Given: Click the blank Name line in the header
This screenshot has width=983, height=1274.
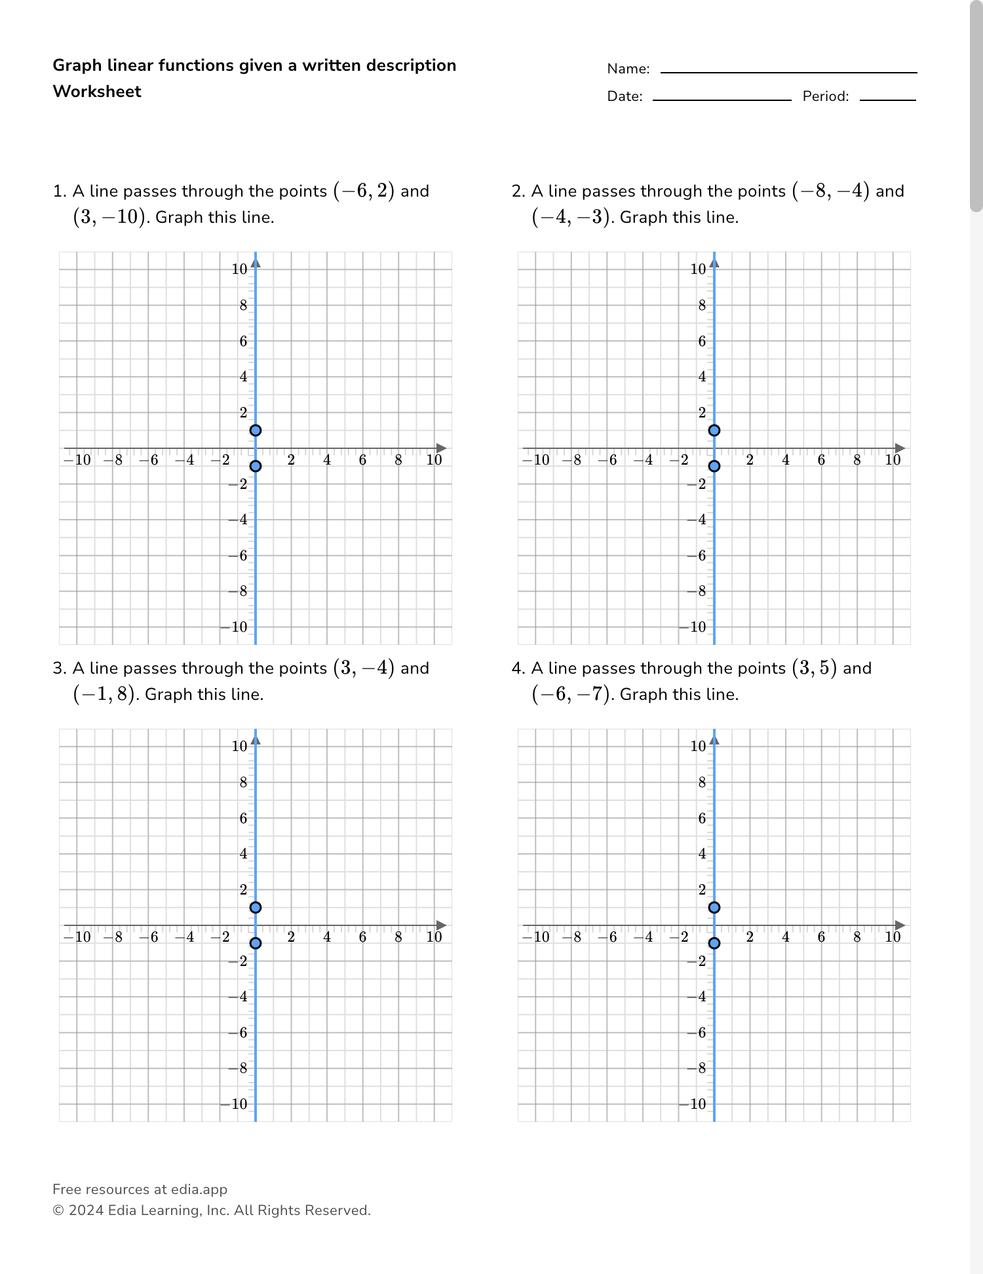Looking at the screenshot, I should pyautogui.click(x=788, y=71).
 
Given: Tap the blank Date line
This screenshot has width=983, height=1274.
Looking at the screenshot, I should pyautogui.click(x=722, y=99).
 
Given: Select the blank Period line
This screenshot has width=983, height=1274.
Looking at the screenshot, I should pyautogui.click(x=887, y=99).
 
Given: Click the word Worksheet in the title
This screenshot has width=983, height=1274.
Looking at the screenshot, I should pyautogui.click(x=97, y=92).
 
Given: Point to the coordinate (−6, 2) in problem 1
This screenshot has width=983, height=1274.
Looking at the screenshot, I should pyautogui.click(x=364, y=191).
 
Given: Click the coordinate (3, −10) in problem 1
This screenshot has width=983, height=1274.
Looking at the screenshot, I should pyautogui.click(x=109, y=218).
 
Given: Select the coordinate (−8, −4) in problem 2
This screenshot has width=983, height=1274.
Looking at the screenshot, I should pyautogui.click(x=830, y=191).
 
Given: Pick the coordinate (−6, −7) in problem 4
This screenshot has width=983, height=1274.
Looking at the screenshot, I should pyautogui.click(x=570, y=695).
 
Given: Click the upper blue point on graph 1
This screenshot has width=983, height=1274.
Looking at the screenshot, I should pyautogui.click(x=256, y=431).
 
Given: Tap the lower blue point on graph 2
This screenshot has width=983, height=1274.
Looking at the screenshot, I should pyautogui.click(x=714, y=466).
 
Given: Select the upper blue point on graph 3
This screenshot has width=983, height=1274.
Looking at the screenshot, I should pyautogui.click(x=256, y=908).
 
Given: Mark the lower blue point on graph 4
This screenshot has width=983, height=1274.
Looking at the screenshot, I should pyautogui.click(x=714, y=943).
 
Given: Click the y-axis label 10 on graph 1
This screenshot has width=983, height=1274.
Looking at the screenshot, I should pyautogui.click(x=239, y=269).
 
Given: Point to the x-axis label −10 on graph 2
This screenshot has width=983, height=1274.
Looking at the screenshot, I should pyautogui.click(x=536, y=460).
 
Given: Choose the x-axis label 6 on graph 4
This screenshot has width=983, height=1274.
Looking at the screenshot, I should pyautogui.click(x=821, y=937).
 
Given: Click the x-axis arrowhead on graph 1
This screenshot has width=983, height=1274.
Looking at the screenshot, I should pyautogui.click(x=442, y=448).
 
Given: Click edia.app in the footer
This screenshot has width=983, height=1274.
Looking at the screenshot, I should pyautogui.click(x=199, y=1189).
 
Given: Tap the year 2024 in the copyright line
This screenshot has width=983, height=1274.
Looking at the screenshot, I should pyautogui.click(x=86, y=1210).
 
